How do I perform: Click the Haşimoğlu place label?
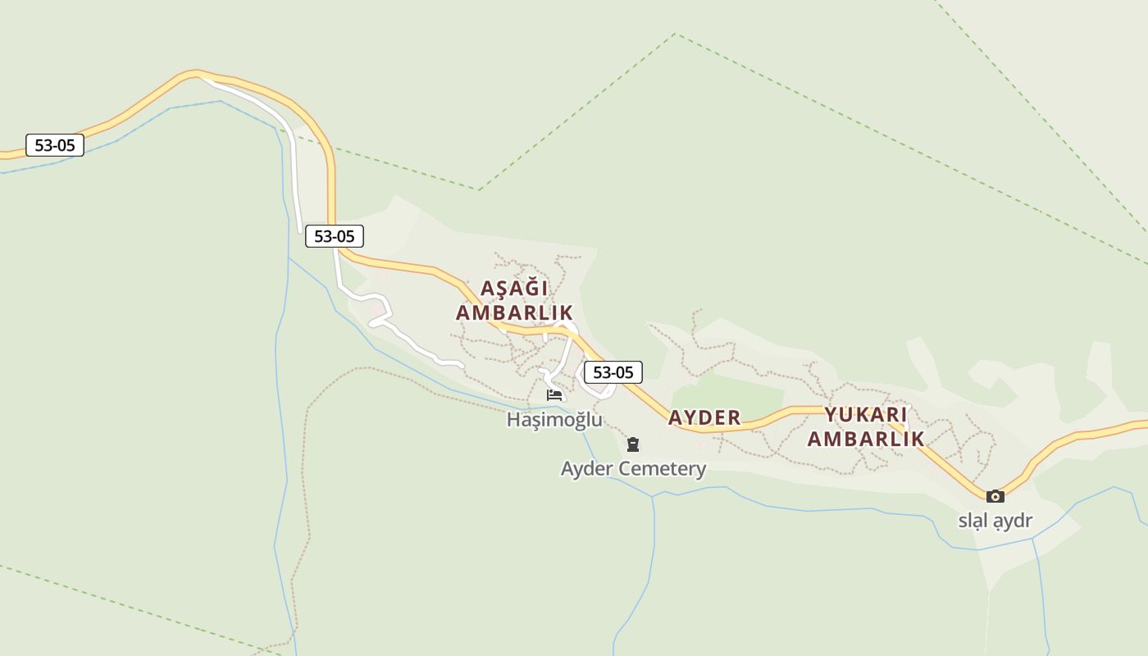pos(554,420)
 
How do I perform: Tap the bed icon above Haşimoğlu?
pos(554,395)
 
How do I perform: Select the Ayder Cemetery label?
pos(633,469)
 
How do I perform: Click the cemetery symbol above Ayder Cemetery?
pos(632,444)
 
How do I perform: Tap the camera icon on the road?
pos(995,496)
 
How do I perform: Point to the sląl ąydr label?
pos(995,521)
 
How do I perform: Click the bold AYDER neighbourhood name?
pos(704,417)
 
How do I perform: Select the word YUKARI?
pos(865,414)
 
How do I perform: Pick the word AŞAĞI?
pos(514,289)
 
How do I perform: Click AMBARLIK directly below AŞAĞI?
pos(514,313)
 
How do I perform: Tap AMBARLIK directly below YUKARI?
pos(866,439)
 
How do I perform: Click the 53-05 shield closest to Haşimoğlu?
pos(613,372)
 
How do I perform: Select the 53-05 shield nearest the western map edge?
pos(55,146)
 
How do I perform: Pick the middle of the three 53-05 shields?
pos(335,236)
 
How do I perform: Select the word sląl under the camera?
pos(973,521)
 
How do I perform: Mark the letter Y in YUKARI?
pos(831,414)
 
